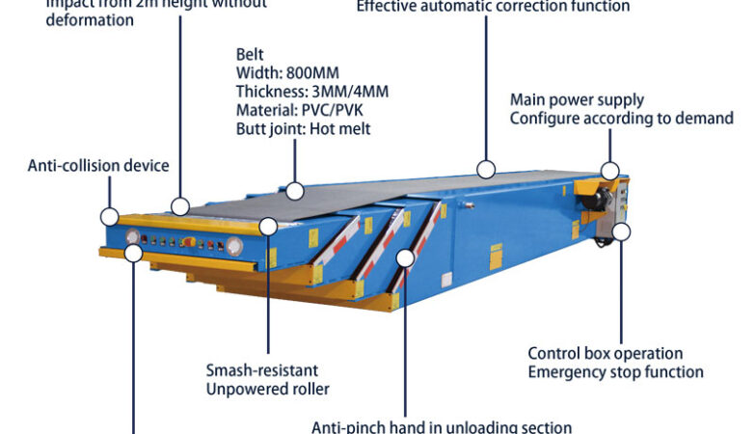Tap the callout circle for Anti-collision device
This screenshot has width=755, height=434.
[x=110, y=217]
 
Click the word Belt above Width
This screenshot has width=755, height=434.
[x=250, y=55]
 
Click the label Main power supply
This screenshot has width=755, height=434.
[x=577, y=99]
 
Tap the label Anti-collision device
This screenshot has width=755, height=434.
[x=98, y=165]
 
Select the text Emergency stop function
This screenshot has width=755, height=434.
[x=615, y=372]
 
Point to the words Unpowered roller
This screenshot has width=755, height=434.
[x=268, y=389]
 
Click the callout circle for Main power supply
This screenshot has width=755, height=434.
[x=609, y=171]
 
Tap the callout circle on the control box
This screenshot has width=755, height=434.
[x=621, y=231]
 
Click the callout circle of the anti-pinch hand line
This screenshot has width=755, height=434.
[x=406, y=258]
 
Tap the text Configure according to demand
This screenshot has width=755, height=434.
[x=621, y=118]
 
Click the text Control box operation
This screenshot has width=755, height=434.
[x=605, y=354]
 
